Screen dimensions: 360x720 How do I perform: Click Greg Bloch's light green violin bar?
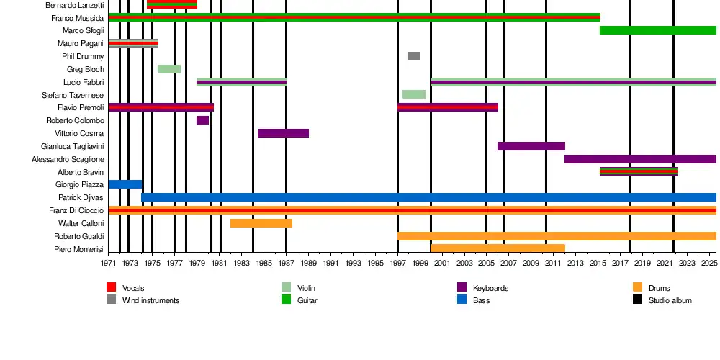click(169, 69)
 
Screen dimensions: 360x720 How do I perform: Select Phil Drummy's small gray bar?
click(414, 56)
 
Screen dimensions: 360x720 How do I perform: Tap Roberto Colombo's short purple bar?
click(202, 120)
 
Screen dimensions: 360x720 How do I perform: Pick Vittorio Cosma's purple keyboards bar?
click(283, 133)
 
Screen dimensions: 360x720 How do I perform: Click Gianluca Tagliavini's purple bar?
click(531, 146)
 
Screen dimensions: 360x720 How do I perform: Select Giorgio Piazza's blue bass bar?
click(125, 184)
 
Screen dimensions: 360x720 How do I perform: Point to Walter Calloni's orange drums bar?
click(261, 223)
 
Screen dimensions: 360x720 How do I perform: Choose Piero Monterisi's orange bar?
click(498, 248)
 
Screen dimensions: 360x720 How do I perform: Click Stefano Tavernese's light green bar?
click(414, 94)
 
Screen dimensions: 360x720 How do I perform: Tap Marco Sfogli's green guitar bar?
click(658, 30)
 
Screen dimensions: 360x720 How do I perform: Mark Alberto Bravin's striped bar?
click(639, 171)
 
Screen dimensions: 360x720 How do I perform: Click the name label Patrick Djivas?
click(81, 197)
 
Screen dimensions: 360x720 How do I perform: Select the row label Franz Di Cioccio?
click(76, 210)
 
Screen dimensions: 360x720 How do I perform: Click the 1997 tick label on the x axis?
click(397, 264)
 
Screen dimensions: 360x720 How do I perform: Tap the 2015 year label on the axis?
click(599, 264)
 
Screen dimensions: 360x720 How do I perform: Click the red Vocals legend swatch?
click(111, 287)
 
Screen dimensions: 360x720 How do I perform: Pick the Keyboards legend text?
click(490, 288)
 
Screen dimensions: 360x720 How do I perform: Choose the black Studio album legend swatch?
click(638, 299)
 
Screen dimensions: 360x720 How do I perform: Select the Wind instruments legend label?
click(150, 300)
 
